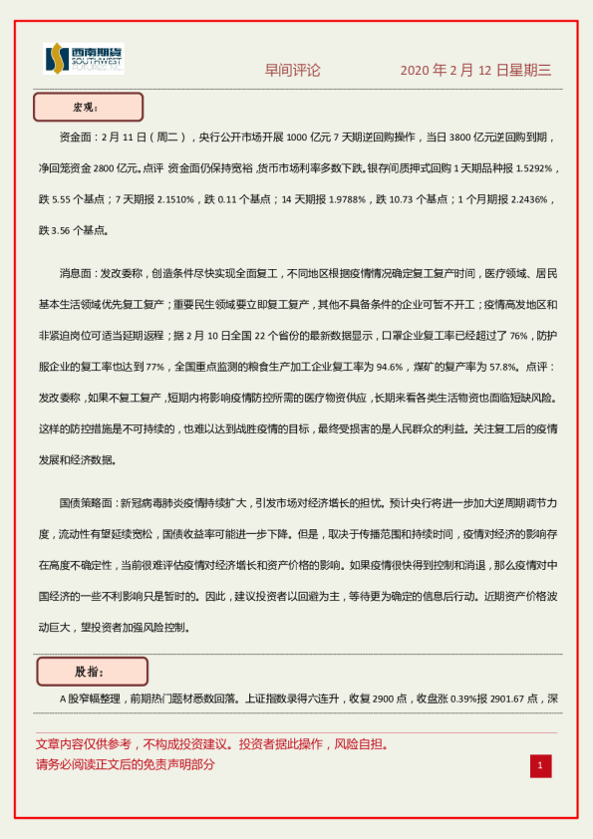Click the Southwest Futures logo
(84, 60)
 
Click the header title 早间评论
(292, 71)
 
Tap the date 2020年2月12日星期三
(475, 71)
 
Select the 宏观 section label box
(89, 107)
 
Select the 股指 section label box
(92, 672)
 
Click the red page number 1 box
(540, 765)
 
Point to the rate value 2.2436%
(522, 199)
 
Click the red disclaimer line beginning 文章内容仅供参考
(211, 744)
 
